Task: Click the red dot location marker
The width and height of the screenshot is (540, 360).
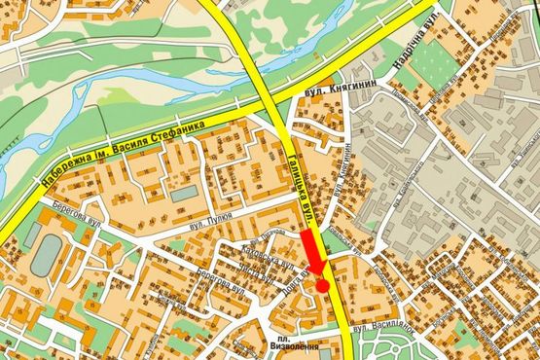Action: tap(322, 286)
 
